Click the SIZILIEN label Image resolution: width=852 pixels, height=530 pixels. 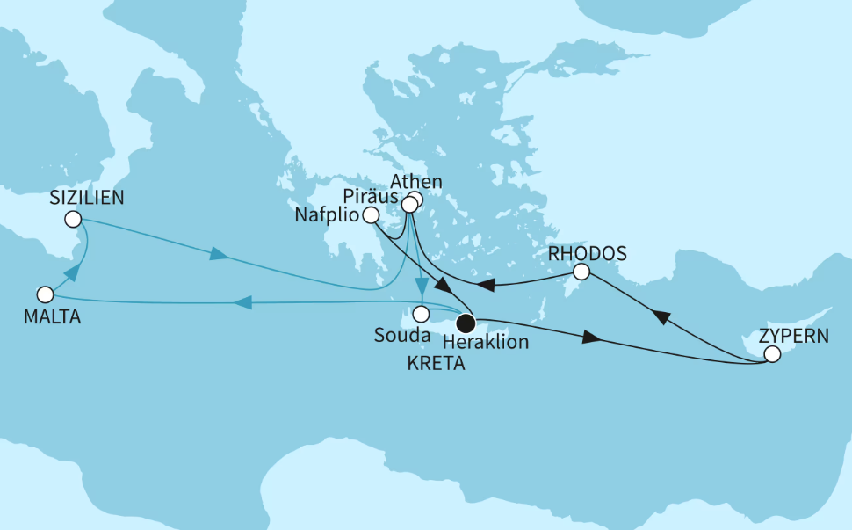point(87,199)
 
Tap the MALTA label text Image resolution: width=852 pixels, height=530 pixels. point(54,317)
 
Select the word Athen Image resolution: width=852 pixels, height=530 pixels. point(415,182)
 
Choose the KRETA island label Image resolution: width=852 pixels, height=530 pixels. point(437,362)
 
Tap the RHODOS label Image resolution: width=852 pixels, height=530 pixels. point(587,253)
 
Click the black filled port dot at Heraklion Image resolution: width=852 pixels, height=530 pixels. point(466,323)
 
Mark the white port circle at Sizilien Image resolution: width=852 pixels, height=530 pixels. point(74,218)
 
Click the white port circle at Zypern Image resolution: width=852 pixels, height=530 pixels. point(772,355)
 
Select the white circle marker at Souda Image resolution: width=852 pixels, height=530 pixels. point(422,313)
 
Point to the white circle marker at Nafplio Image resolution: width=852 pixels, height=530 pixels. point(371,214)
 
